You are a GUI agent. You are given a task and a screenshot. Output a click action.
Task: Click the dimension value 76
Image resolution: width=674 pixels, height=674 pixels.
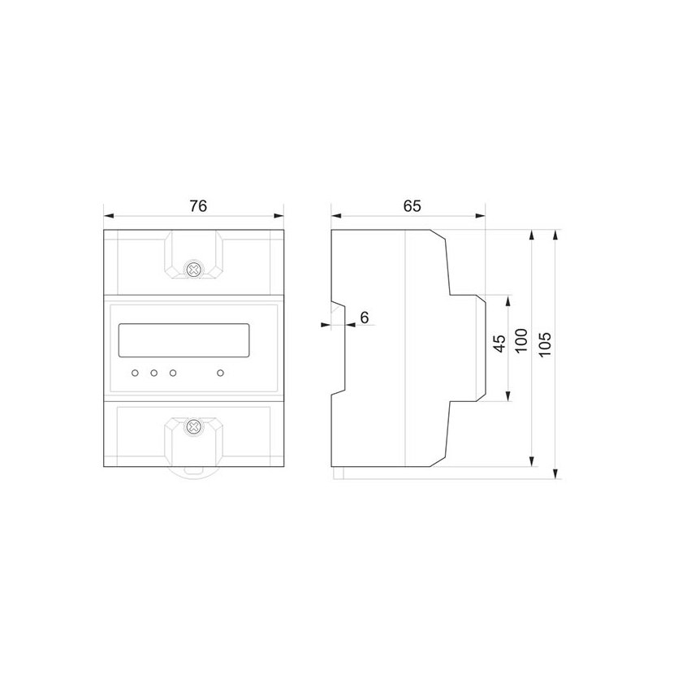(198, 206)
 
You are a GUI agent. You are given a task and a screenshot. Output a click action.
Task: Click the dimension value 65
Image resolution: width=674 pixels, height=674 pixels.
(413, 206)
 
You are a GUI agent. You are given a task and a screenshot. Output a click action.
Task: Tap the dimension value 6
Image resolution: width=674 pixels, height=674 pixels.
(365, 318)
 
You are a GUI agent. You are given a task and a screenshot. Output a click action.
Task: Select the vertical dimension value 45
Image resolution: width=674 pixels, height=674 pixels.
(500, 343)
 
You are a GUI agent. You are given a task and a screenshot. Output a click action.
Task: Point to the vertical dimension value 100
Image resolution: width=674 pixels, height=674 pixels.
(521, 341)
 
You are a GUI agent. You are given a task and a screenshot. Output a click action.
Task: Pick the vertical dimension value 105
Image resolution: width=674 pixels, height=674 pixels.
(545, 344)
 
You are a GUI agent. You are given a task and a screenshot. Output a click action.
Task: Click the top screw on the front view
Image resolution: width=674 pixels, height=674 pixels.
(194, 270)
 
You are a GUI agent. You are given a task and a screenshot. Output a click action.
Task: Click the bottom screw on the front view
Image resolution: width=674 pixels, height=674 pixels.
(194, 427)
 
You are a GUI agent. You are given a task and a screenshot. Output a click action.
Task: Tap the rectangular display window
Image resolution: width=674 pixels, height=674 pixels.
(184, 340)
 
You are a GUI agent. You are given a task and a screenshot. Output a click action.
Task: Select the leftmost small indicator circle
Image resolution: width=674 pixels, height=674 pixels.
(135, 373)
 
